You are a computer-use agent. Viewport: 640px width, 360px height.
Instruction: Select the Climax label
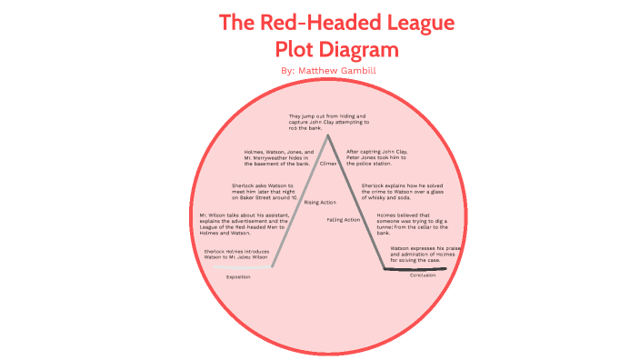(x=328, y=165)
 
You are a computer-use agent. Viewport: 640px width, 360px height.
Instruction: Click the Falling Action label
(x=343, y=220)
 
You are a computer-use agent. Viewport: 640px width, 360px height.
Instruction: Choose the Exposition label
(x=238, y=276)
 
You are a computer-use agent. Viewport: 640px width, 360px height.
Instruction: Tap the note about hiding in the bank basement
(x=279, y=157)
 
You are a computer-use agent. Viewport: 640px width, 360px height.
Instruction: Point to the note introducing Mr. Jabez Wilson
(x=237, y=254)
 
